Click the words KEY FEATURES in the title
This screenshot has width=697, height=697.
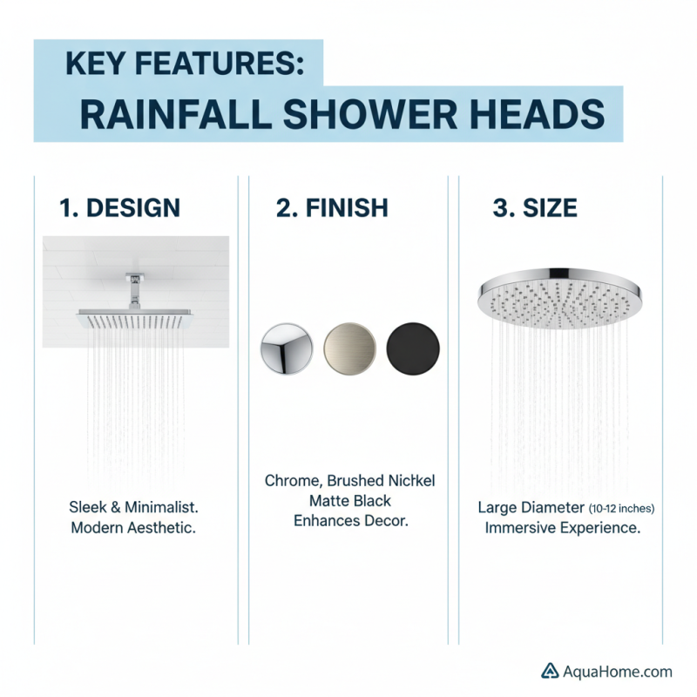pyautogui.click(x=184, y=64)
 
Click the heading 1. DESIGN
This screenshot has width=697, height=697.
pyautogui.click(x=119, y=207)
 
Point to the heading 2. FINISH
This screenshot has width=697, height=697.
pyautogui.click(x=332, y=207)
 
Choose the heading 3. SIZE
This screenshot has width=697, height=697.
pyautogui.click(x=535, y=207)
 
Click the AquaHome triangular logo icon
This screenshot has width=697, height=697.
pyautogui.click(x=550, y=671)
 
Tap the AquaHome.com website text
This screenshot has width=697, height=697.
pyautogui.click(x=618, y=671)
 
